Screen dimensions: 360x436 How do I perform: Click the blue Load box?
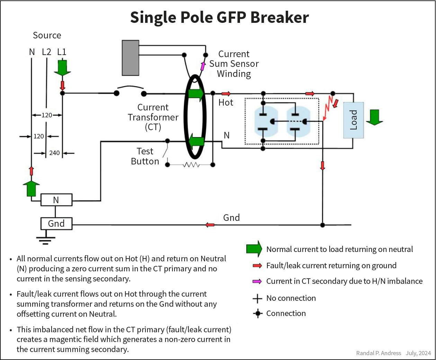coord(353,120)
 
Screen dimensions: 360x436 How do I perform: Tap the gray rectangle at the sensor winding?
coord(131,58)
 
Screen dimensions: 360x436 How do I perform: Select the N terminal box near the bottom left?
coord(56,200)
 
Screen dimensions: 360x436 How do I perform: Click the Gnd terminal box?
coord(56,224)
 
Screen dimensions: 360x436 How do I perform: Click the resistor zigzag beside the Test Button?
coord(191,165)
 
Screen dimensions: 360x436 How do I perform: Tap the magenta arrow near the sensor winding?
coord(203,66)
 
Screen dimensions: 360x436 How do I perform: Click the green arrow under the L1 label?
coord(62,68)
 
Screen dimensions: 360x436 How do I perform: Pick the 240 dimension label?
coord(54,153)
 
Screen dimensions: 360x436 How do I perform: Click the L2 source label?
coord(46,52)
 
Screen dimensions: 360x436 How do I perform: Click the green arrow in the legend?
coord(254,249)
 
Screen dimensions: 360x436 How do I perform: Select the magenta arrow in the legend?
coord(257,281)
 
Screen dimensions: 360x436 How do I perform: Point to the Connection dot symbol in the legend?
coord(257,314)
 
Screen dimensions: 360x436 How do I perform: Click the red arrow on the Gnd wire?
coord(210,225)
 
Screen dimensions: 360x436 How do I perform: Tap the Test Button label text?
coord(145,156)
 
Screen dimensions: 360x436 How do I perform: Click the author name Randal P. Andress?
coord(379,353)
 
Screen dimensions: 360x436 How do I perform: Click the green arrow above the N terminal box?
coord(31,188)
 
